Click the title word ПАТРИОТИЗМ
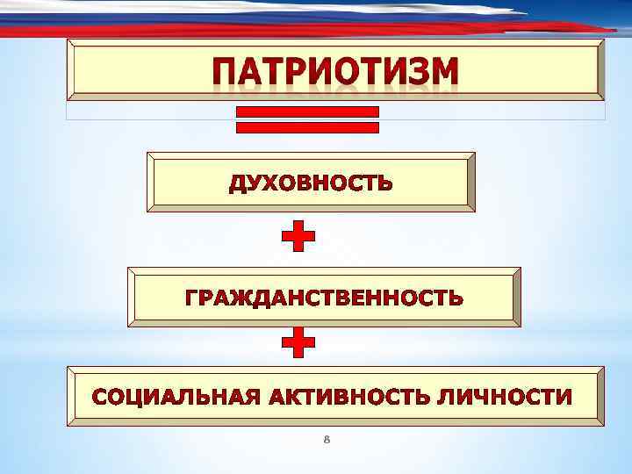click(x=334, y=72)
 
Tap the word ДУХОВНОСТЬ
click(x=311, y=184)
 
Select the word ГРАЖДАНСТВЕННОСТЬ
click(x=324, y=298)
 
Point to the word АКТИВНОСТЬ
click(x=345, y=397)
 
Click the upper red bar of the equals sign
click(x=308, y=111)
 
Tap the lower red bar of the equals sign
click(x=308, y=127)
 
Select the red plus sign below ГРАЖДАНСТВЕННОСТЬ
click(x=298, y=343)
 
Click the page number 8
click(x=327, y=438)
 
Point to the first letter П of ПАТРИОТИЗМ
click(x=226, y=72)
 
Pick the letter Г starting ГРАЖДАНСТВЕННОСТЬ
click(x=191, y=298)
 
